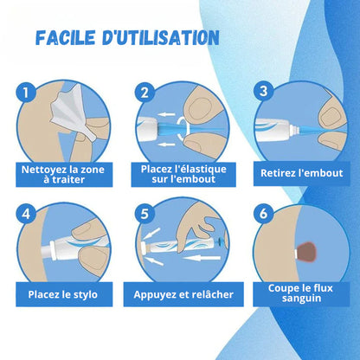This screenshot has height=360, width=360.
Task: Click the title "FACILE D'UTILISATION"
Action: [x=127, y=38]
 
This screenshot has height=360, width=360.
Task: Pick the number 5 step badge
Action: [x=145, y=213]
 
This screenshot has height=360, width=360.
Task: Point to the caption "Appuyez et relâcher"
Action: [x=183, y=294]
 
